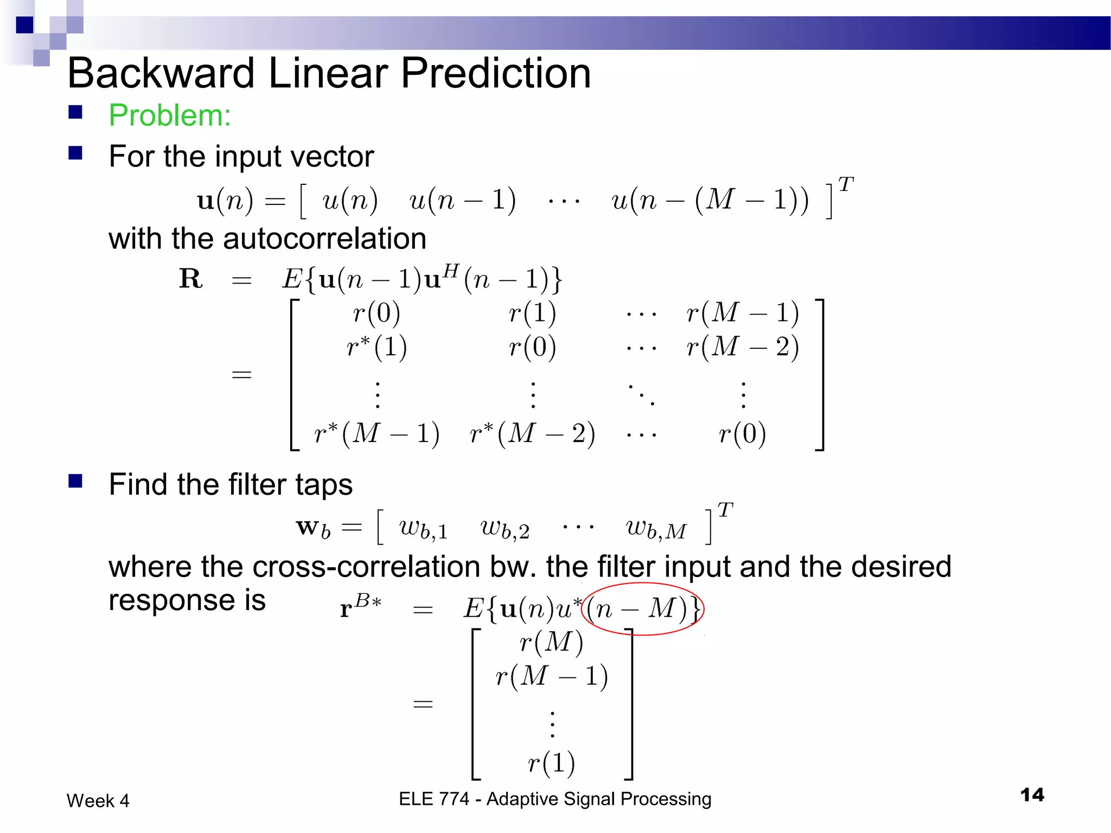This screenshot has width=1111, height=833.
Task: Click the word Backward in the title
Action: point(161,73)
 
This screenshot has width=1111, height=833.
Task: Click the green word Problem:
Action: point(170,116)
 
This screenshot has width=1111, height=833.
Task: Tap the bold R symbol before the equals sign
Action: point(191,279)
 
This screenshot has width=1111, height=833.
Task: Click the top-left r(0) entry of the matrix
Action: point(376,313)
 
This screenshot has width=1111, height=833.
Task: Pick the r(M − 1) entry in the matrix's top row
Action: point(742,313)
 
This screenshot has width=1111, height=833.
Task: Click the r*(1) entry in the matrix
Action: point(376,347)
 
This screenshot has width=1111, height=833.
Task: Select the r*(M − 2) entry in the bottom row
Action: point(532,434)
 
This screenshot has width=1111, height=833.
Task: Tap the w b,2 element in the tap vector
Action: point(505,529)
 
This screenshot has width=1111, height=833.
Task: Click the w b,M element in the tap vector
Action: point(656,529)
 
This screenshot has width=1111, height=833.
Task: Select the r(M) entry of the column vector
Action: point(551,643)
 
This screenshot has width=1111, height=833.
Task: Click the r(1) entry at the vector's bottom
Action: point(551,763)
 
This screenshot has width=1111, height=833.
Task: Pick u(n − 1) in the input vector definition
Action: point(462,201)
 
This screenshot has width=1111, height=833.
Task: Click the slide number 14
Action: point(1032,795)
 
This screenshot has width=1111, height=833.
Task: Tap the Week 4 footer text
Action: point(98,801)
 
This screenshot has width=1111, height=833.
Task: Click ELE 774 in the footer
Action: point(434,799)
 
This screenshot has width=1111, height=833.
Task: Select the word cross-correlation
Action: point(366,567)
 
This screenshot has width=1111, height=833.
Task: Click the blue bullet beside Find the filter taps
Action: point(75,481)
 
